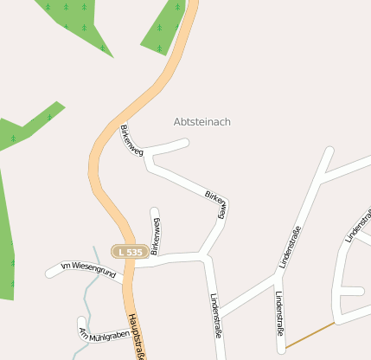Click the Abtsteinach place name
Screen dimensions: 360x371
pyautogui.click(x=202, y=122)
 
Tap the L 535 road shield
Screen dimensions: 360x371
pyautogui.click(x=128, y=251)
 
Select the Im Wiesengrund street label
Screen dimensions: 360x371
pyautogui.click(x=88, y=269)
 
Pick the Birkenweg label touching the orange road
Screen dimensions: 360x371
pyautogui.click(x=131, y=139)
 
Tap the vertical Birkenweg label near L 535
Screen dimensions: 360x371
pyautogui.click(x=155, y=236)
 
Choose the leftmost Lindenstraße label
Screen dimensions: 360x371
pyautogui.click(x=215, y=313)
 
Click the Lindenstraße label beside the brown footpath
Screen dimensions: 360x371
pyautogui.click(x=278, y=313)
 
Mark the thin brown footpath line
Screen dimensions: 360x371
pyautogui.click(x=310, y=335)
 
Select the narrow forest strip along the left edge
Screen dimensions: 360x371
pyautogui.click(x=7, y=234)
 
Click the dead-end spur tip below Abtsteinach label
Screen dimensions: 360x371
pyautogui.click(x=185, y=142)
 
